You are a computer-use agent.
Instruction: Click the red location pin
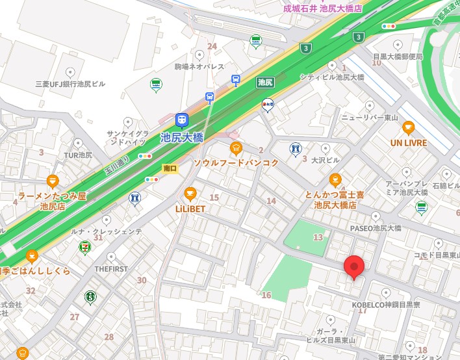353,266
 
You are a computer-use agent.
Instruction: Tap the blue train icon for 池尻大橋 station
182,120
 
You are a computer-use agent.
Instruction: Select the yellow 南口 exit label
170,168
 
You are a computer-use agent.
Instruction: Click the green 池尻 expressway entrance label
264,82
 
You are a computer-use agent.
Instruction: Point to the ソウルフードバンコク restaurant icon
236,148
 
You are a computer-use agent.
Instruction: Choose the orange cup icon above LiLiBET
190,193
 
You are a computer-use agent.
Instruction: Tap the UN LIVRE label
409,142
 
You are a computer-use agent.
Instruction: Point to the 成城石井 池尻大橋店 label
322,8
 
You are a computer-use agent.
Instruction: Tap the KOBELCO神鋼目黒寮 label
386,304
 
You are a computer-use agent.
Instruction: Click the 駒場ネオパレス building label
199,66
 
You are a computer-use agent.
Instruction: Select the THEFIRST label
109,268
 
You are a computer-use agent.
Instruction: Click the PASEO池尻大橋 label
376,228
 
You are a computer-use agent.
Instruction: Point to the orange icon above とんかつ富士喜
335,179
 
